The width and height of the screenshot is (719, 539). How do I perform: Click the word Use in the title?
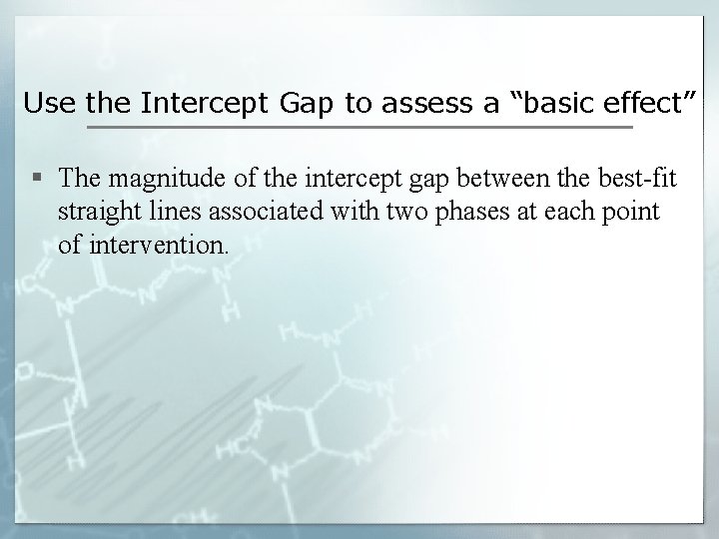coord(45,103)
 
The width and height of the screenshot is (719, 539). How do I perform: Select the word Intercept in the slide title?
coord(189,103)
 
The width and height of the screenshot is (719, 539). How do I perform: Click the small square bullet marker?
coord(37,179)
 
